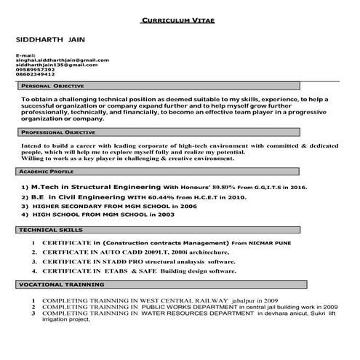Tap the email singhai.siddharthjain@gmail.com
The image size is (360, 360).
click(62, 60)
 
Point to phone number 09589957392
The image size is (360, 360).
click(35, 70)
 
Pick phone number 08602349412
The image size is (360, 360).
click(35, 75)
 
